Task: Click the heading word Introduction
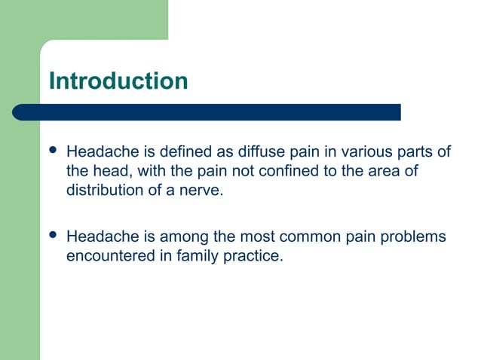[118, 81]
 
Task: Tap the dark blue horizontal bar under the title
[207, 112]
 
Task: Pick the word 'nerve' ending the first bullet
[203, 190]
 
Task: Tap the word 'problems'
[412, 236]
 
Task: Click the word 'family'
[198, 255]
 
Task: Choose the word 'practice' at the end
[256, 255]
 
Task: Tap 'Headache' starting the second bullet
[98, 236]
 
